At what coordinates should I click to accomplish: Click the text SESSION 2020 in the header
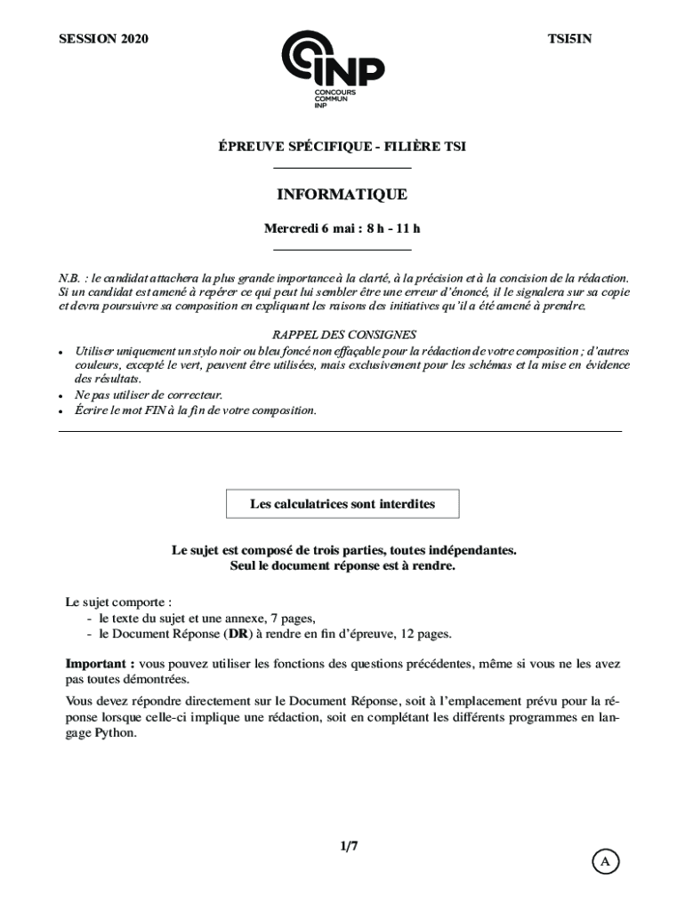tap(103, 38)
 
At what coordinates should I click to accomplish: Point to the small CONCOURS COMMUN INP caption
tap(334, 99)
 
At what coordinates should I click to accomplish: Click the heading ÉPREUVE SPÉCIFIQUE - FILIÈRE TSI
tap(342, 147)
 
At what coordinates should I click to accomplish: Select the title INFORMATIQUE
tap(342, 194)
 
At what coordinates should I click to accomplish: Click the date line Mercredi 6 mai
tap(342, 228)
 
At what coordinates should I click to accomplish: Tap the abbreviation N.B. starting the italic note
tap(72, 278)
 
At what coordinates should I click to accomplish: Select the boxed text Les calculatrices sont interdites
tap(342, 504)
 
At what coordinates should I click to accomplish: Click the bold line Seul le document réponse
tap(342, 565)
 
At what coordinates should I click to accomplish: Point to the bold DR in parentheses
tap(238, 634)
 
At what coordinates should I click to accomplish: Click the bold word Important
tap(100, 664)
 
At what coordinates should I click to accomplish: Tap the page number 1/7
tap(347, 846)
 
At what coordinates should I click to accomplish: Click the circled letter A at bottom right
tap(605, 861)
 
